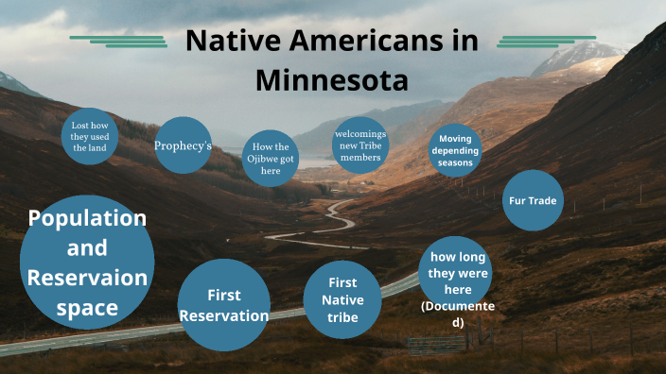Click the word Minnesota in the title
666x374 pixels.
click(x=331, y=79)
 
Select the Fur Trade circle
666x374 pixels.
click(x=534, y=200)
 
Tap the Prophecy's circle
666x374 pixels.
click(x=183, y=145)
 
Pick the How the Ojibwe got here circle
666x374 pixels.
click(x=271, y=159)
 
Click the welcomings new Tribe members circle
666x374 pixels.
click(x=360, y=145)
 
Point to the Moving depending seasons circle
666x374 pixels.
click(x=459, y=151)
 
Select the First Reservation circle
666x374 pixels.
click(x=224, y=305)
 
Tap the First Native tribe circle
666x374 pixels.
click(x=342, y=299)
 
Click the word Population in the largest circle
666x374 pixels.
click(x=87, y=218)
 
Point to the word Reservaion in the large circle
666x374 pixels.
click(x=87, y=278)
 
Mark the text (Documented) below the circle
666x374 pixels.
click(x=458, y=314)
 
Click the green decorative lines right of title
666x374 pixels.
click(x=546, y=41)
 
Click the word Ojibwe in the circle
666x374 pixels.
click(x=271, y=159)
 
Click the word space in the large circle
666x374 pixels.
click(x=87, y=307)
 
